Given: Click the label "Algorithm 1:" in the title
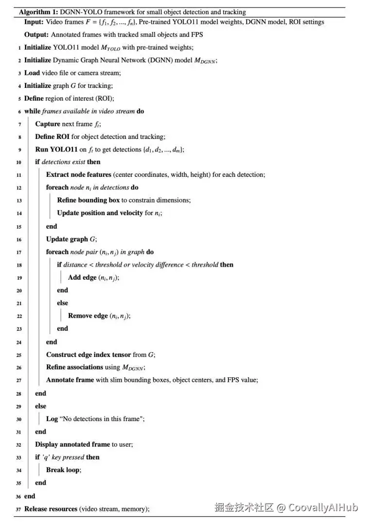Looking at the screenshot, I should coord(38,12).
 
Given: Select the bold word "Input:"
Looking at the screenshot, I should coord(34,22).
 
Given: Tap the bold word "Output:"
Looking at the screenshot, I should coord(35,34).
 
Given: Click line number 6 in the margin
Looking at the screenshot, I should coord(19,112).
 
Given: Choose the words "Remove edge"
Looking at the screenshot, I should coord(88,316).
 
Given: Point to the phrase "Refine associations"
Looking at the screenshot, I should coord(74,367).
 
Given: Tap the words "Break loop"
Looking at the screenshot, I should coord(63,470).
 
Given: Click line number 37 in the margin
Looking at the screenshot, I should coord(18,509).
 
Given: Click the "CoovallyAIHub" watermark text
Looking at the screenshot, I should coord(323,508).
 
